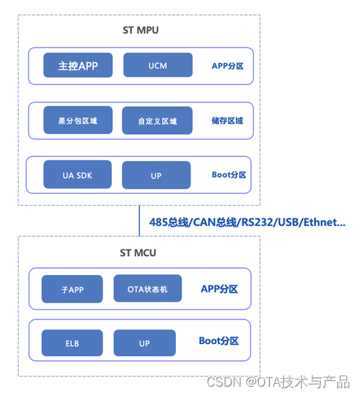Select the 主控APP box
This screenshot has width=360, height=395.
pyautogui.click(x=78, y=66)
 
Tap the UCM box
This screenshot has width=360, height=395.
pyautogui.click(x=158, y=66)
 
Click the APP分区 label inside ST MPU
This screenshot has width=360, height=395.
pyautogui.click(x=227, y=66)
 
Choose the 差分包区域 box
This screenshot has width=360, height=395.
pyautogui.click(x=77, y=120)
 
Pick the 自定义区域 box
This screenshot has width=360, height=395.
pyautogui.click(x=157, y=121)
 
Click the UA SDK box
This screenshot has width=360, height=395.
pyautogui.click(x=77, y=174)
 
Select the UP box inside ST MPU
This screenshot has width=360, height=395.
pyautogui.click(x=156, y=175)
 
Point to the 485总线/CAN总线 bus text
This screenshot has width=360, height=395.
pyautogui.click(x=247, y=223)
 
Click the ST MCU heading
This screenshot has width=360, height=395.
pyautogui.click(x=138, y=252)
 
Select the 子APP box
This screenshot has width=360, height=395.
pyautogui.click(x=73, y=289)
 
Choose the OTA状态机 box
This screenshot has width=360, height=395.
pyautogui.click(x=148, y=288)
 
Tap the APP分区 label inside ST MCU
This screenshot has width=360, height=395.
pyautogui.click(x=219, y=288)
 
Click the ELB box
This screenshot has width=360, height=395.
pyautogui.click(x=72, y=343)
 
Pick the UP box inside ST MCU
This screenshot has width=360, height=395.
pyautogui.click(x=144, y=343)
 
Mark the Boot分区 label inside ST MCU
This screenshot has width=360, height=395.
pyautogui.click(x=218, y=341)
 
